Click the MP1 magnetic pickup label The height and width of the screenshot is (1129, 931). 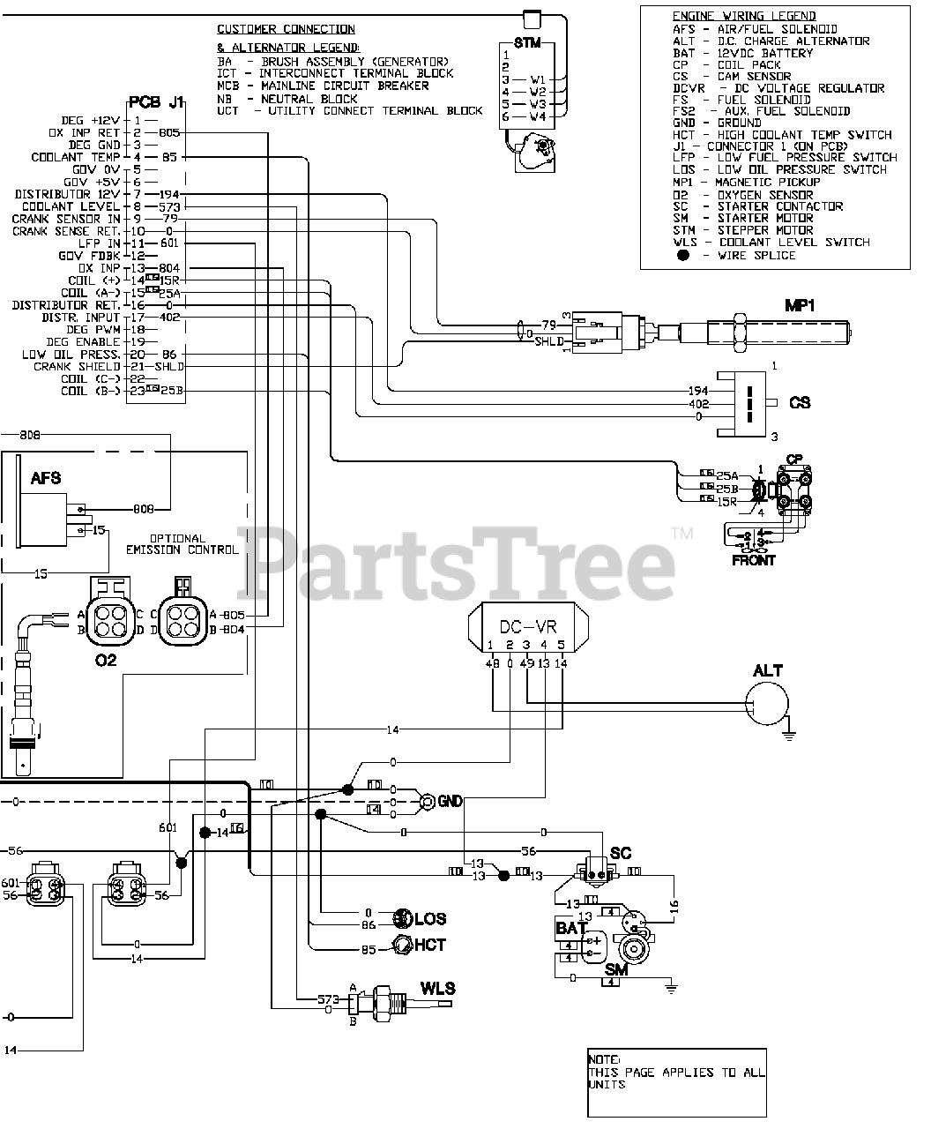(800, 305)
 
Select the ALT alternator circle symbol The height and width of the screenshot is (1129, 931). (766, 704)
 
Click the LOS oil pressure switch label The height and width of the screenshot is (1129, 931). (430, 918)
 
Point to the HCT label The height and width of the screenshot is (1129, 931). (429, 945)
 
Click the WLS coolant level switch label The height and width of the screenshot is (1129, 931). (437, 987)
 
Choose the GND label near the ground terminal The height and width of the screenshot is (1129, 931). (450, 801)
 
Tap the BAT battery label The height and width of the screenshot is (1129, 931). (570, 928)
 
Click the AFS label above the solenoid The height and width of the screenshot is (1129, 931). (46, 477)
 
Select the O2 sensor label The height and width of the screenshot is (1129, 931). (106, 659)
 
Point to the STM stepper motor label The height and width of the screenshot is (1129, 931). (527, 43)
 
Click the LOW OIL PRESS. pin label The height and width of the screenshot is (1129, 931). (71, 354)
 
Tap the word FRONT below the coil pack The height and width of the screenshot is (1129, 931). (754, 560)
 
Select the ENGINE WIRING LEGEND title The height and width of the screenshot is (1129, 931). (743, 16)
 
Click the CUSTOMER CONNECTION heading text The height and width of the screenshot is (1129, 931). (286, 29)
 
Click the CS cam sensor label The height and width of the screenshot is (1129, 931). (800, 402)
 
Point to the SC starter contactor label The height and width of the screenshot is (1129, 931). (621, 853)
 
